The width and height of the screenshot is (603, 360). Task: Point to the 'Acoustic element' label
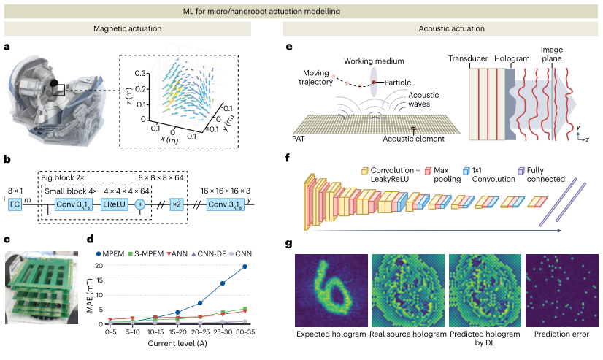click(410, 138)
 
